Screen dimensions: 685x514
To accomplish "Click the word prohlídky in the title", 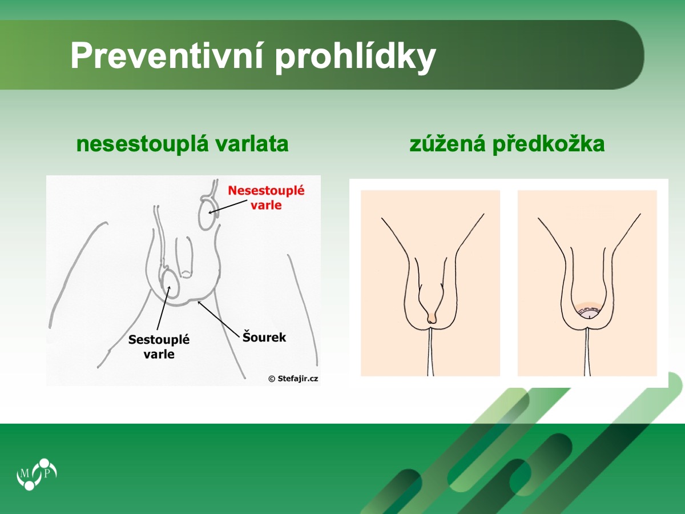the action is [x=355, y=58].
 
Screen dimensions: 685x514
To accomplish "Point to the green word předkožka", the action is [x=549, y=144].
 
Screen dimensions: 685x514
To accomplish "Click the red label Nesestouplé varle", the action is [x=266, y=198].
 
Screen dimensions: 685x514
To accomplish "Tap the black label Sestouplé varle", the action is [x=159, y=347].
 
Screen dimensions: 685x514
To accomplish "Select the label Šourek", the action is [x=264, y=337].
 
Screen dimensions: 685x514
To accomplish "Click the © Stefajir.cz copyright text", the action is [x=293, y=379].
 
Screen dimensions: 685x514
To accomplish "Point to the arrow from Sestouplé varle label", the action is [x=163, y=308].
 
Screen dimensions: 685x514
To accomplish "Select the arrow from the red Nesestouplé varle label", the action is [x=228, y=207].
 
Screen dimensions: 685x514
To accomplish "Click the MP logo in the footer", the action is [x=37, y=474].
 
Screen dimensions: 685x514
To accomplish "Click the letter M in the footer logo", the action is [x=25, y=474].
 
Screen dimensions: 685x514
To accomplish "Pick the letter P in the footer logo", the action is [x=47, y=473].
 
